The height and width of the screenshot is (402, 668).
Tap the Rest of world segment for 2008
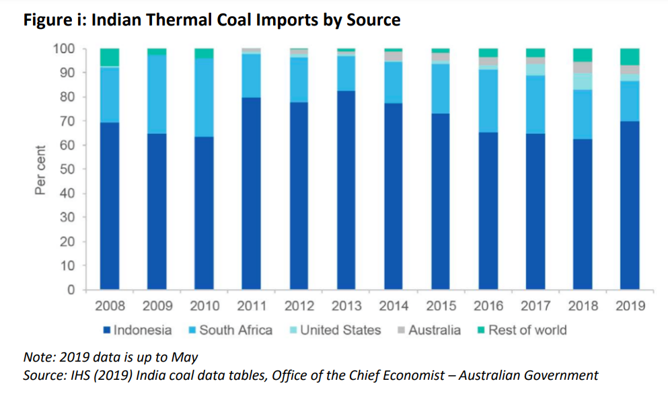pos(110,57)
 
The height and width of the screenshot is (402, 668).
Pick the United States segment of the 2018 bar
pos(582,81)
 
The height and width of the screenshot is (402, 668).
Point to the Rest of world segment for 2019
pos(629,56)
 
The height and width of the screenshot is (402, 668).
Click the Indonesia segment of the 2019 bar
pos(629,205)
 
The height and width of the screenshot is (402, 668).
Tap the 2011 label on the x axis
pos(252,306)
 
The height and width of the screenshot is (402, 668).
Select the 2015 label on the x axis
pos(441,306)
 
